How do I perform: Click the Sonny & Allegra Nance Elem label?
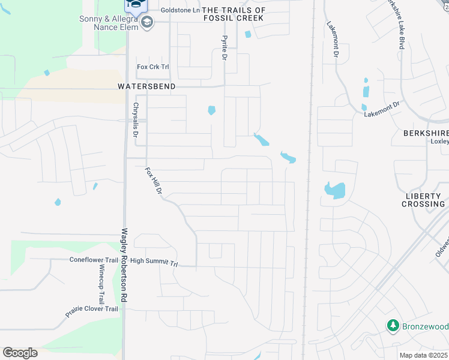108,22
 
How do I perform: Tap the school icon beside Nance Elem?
148,23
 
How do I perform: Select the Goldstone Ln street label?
179,10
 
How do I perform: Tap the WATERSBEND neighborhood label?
146,86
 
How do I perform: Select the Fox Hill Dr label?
154,181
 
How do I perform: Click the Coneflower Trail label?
94,260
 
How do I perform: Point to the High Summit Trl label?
154,262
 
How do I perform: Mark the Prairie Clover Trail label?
92,311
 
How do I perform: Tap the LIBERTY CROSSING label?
424,200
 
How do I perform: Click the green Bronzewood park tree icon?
393,325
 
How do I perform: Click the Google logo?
20,353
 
